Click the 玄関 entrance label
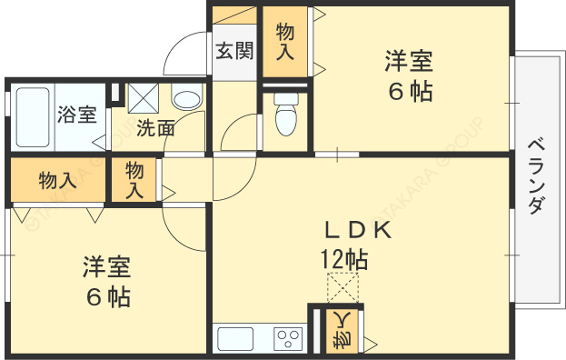point(234,51)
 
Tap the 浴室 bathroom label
point(77,115)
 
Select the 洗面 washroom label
point(155,128)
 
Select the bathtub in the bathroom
point(33,116)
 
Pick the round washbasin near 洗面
point(186,98)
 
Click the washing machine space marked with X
point(143,98)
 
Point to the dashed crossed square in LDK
point(343,287)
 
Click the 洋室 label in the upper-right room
point(408,62)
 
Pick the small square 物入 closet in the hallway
point(134,180)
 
